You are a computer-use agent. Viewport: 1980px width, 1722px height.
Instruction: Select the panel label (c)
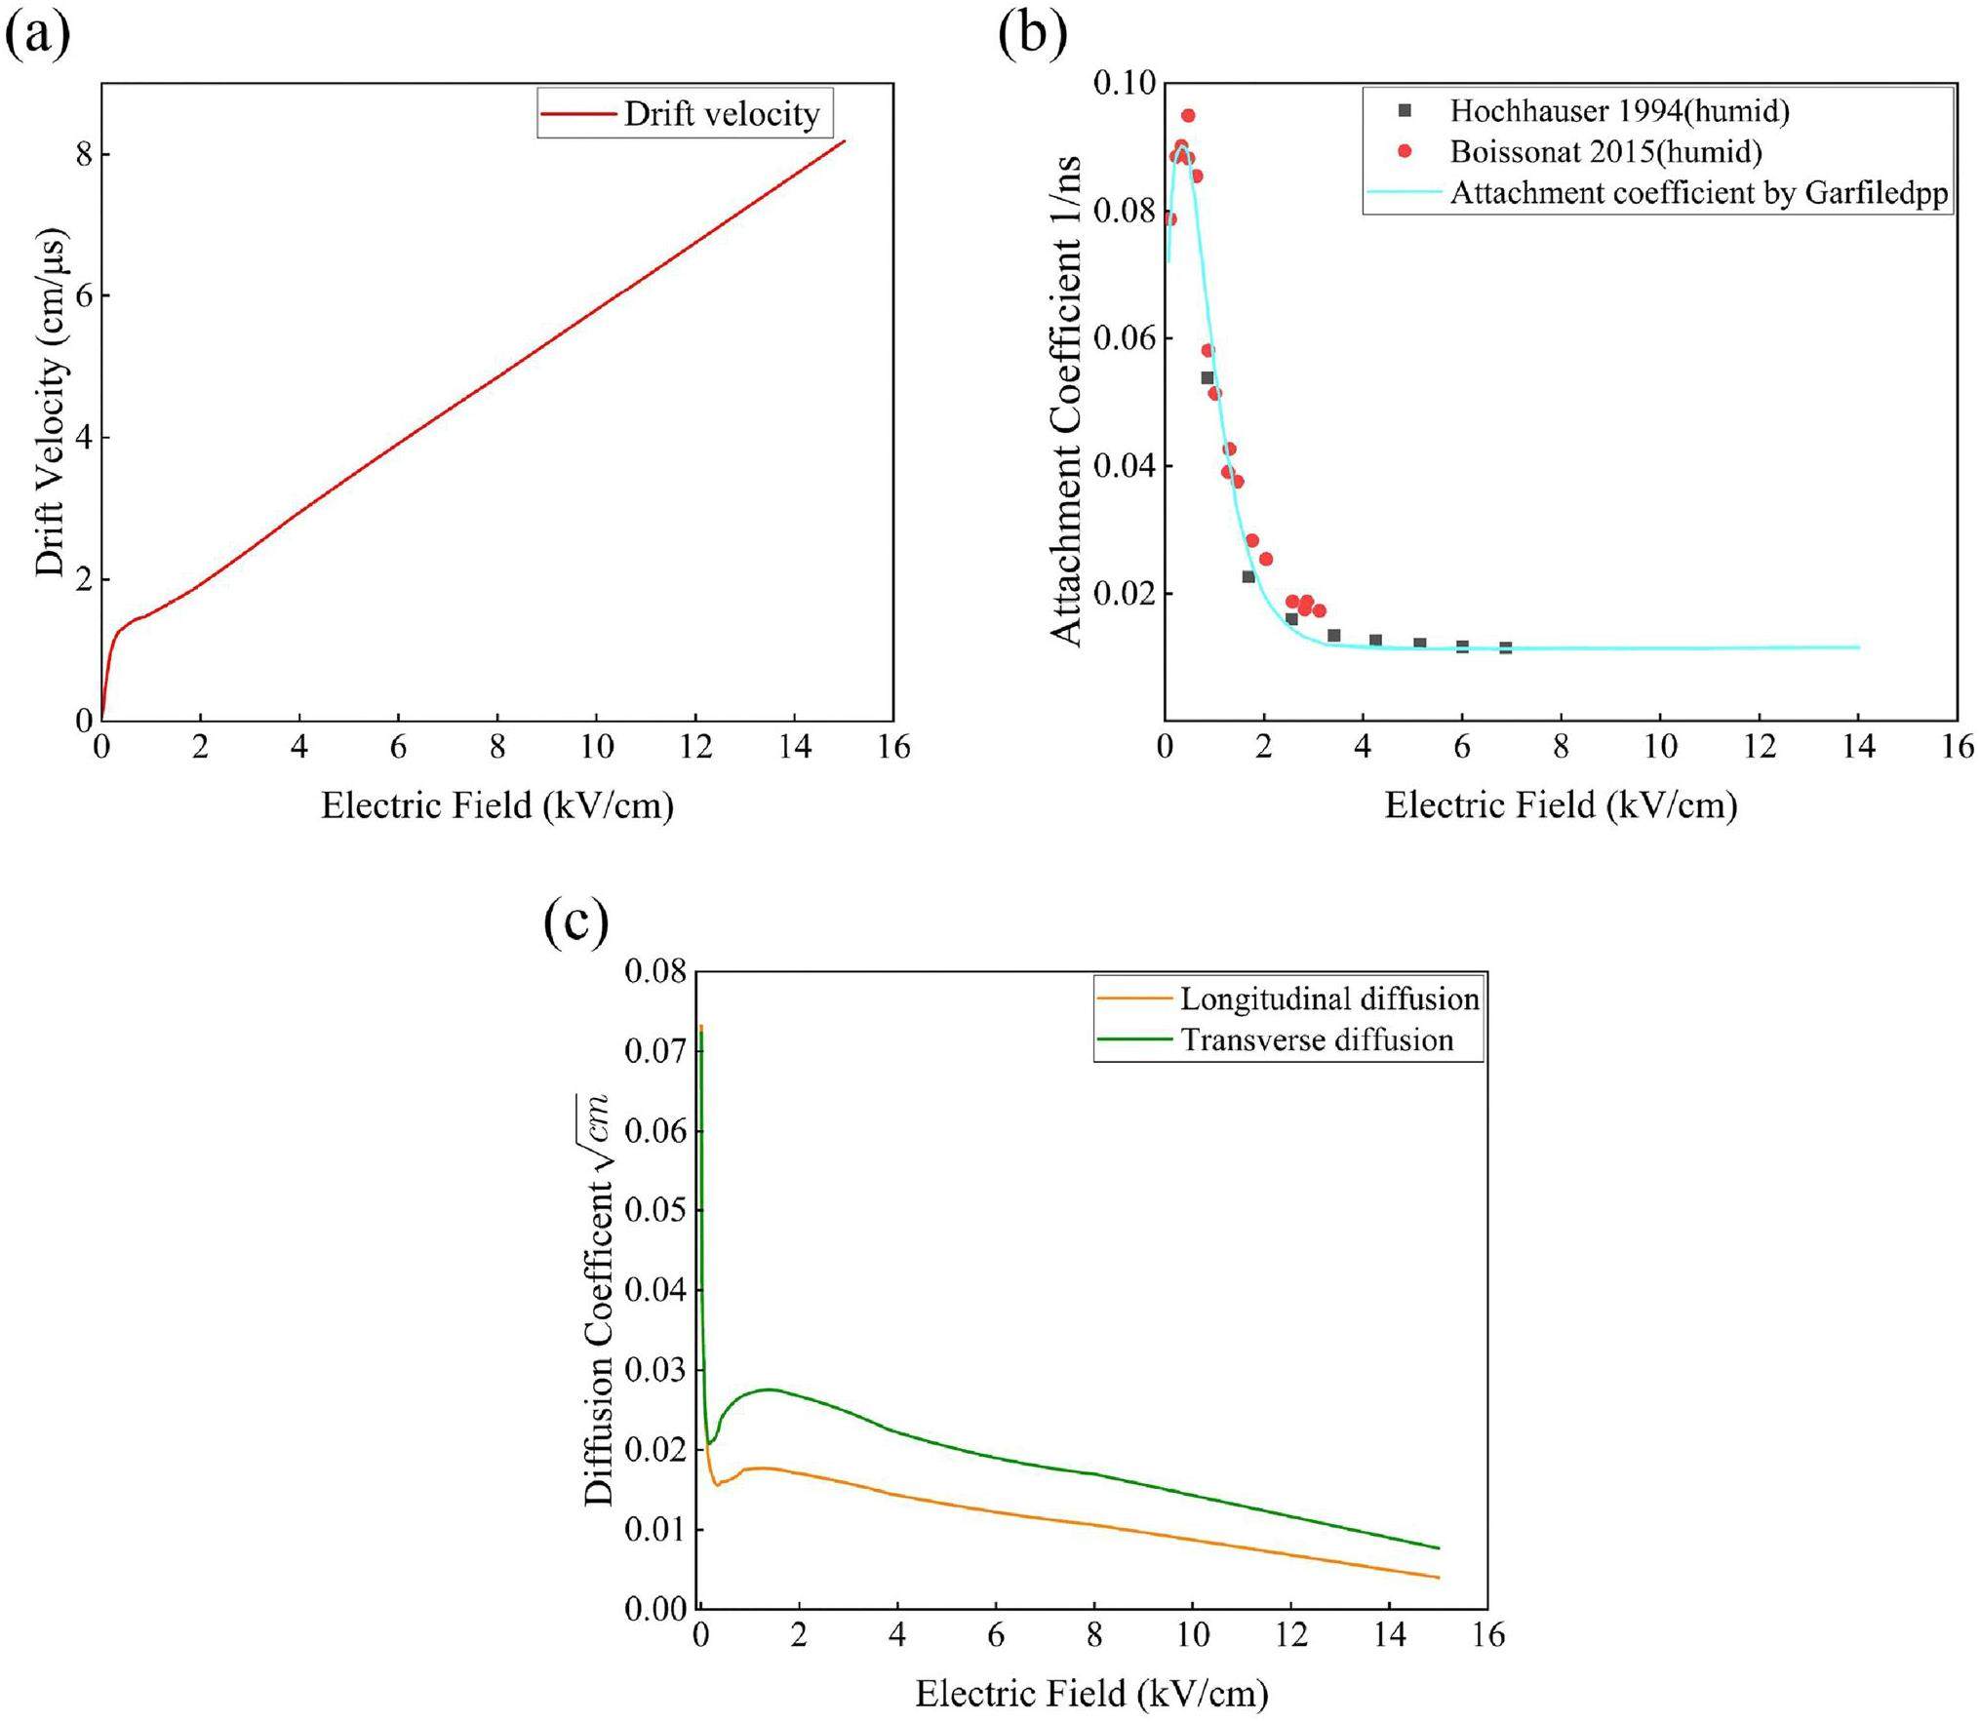(575, 921)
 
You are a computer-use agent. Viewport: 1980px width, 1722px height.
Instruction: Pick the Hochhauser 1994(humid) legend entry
(1619, 111)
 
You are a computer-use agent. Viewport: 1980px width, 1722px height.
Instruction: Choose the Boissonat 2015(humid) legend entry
(1605, 152)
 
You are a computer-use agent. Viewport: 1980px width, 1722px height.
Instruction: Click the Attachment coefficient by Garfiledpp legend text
(1699, 193)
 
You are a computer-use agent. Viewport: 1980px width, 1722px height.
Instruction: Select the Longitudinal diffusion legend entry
(1329, 998)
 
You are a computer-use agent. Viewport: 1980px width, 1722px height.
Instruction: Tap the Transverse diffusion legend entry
(1317, 1039)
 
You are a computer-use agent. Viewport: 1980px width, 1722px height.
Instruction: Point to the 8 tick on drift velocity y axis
(83, 155)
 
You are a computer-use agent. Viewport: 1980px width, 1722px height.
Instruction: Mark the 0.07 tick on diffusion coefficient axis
(654, 1051)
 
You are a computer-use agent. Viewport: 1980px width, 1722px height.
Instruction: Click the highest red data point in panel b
(1187, 116)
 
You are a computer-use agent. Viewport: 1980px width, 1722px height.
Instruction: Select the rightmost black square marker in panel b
(1505, 647)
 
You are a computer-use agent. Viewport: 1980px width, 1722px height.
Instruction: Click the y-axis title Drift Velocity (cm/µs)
(51, 403)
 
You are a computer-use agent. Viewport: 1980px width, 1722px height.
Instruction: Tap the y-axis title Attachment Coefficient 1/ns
(1067, 401)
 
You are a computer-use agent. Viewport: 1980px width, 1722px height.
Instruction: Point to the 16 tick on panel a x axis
(893, 747)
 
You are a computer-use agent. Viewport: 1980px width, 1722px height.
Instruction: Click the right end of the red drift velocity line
(844, 141)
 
